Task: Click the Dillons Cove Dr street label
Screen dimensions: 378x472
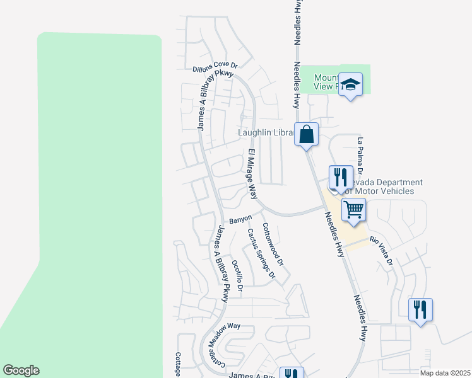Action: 215,66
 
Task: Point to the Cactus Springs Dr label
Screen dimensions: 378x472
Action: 261,254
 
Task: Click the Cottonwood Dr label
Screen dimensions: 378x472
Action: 273,244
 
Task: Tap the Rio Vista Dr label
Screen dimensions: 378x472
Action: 381,250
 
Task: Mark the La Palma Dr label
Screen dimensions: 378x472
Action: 360,156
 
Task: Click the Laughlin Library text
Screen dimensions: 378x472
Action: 265,133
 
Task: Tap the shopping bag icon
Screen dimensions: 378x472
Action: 306,134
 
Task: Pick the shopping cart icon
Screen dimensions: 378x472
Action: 354,209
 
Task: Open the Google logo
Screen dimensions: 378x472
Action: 21,370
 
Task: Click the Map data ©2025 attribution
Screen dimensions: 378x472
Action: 445,373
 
